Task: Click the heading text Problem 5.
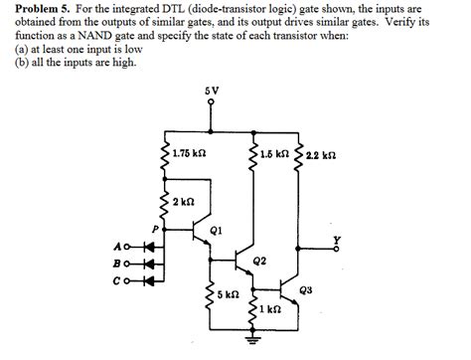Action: [37, 9]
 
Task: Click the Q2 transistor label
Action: [259, 261]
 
